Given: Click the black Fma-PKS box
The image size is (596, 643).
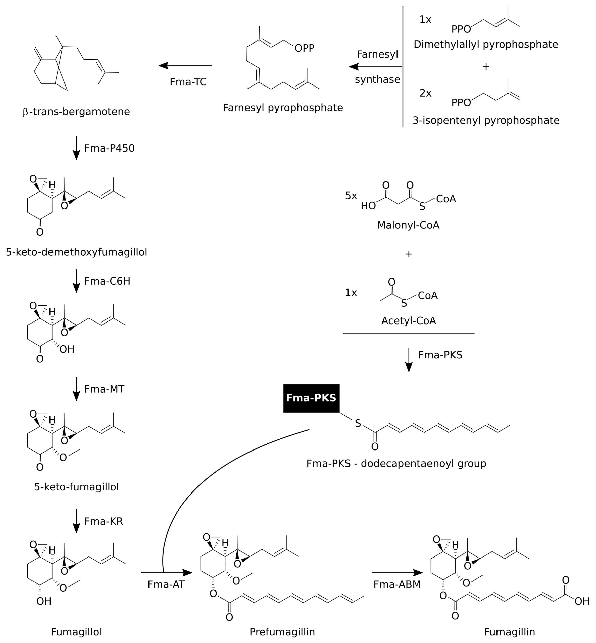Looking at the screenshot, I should (x=311, y=398).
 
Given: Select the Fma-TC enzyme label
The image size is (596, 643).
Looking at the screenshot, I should (x=188, y=82).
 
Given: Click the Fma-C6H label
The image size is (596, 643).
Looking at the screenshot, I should (x=107, y=281).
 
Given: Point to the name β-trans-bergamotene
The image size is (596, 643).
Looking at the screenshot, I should (x=77, y=112).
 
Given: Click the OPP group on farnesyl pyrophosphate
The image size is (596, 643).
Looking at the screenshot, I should (x=304, y=48).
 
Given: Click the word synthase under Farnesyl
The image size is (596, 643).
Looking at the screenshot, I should (x=377, y=79).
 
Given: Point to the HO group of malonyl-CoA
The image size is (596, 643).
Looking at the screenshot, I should (x=368, y=206).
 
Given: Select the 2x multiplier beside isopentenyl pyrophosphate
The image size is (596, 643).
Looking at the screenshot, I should (x=425, y=93).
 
